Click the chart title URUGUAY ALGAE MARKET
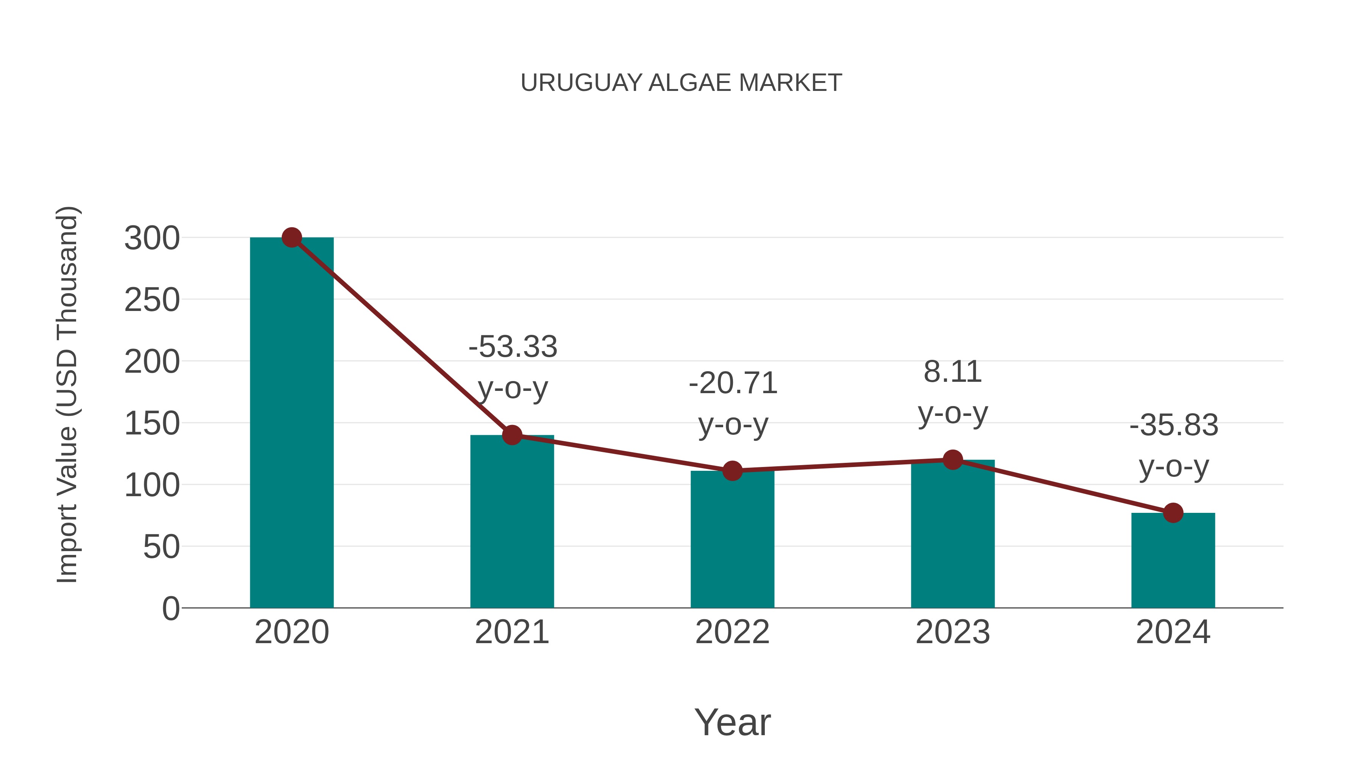(x=681, y=83)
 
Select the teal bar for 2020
(x=292, y=423)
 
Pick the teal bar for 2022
(x=732, y=540)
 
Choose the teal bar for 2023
(x=953, y=534)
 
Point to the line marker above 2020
(x=292, y=237)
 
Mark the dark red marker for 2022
(x=732, y=470)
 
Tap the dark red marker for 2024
(x=1173, y=512)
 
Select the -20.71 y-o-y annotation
(x=733, y=403)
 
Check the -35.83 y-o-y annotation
(x=1174, y=446)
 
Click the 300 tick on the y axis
(x=152, y=238)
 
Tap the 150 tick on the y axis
(x=152, y=423)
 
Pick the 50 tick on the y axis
(x=161, y=547)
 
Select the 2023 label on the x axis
(x=953, y=632)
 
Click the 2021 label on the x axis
(x=512, y=632)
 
